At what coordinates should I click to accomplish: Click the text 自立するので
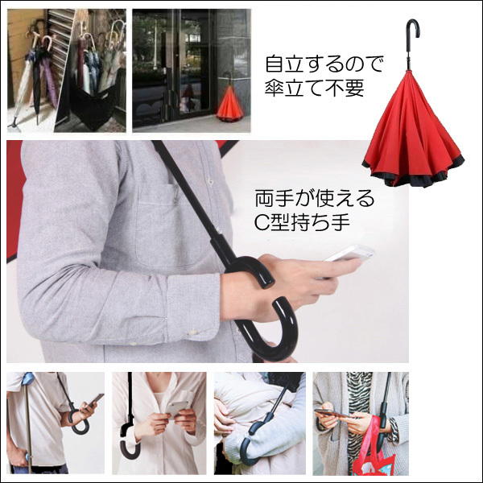coord(324,64)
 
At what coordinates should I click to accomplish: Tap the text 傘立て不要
coord(314,88)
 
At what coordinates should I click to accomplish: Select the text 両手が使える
coord(315,199)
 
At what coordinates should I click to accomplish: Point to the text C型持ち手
coord(302,222)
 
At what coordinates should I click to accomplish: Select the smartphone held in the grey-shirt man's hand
coord(349,254)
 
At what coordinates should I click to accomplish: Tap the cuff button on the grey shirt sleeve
coord(193,332)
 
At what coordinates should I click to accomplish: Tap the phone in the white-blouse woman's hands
coord(176,410)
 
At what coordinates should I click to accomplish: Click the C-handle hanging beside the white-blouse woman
coord(130,437)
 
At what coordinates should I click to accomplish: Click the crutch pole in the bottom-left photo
coord(29,425)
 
